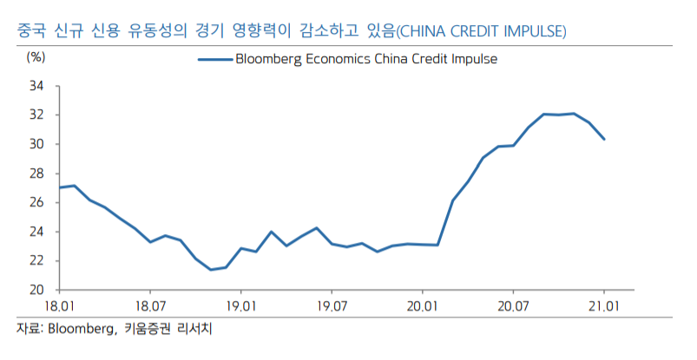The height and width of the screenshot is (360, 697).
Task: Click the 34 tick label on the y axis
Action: [x=37, y=86]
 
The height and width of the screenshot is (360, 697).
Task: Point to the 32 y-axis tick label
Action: [x=37, y=115]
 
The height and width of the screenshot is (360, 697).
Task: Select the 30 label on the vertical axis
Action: [x=37, y=144]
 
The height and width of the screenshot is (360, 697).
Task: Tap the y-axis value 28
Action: [x=37, y=173]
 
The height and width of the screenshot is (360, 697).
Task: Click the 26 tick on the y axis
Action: [x=37, y=202]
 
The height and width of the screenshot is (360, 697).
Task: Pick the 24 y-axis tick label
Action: [x=37, y=232]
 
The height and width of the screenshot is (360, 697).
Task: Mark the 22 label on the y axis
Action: [x=37, y=260]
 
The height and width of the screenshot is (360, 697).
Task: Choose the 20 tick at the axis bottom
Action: [x=37, y=290]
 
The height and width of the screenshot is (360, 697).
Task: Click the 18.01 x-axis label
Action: [x=60, y=306]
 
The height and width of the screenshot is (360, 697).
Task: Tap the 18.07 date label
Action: [x=150, y=306]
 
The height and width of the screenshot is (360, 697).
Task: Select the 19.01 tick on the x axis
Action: [x=240, y=306]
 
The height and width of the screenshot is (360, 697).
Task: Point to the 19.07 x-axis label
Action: [x=331, y=306]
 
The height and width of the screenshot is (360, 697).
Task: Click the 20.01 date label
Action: [x=421, y=306]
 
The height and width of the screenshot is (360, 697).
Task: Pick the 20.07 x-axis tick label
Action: [x=512, y=306]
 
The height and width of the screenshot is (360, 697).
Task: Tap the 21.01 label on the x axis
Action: [x=602, y=306]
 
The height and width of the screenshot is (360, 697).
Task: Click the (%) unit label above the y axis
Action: [x=36, y=57]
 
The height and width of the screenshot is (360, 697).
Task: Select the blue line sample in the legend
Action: [x=214, y=59]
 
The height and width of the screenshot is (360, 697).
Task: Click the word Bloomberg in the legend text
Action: [x=268, y=59]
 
